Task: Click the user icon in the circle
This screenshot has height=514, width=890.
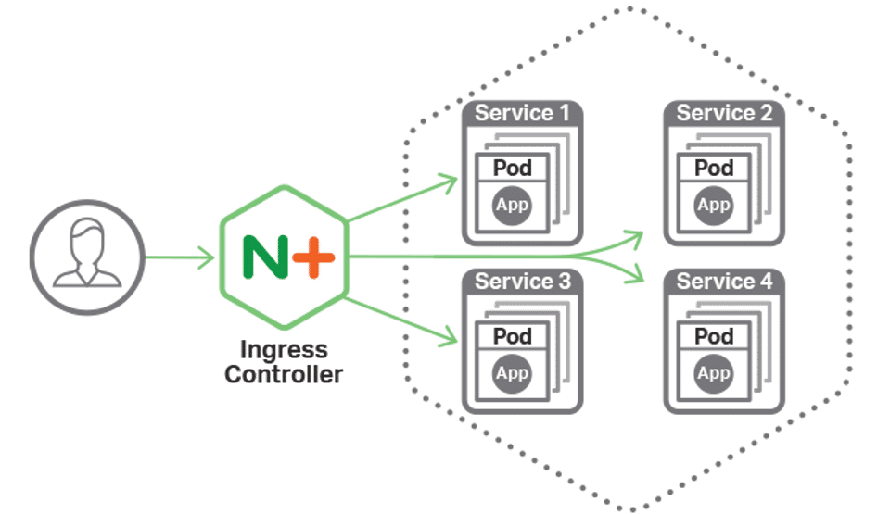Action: [87, 254]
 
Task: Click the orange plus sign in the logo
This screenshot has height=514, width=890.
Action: [314, 255]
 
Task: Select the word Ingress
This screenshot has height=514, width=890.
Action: [284, 351]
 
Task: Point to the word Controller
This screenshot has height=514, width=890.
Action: [284, 374]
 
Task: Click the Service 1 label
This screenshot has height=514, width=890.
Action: [522, 113]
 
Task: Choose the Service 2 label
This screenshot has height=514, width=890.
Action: [724, 113]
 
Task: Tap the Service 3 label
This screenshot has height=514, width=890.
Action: [522, 281]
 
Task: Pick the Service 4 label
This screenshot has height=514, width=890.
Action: [724, 281]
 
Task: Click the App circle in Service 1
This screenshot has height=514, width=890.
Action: [512, 205]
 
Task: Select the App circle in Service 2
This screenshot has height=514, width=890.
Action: [714, 205]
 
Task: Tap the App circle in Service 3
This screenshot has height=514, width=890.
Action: [512, 372]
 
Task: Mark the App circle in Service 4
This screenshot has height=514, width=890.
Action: [714, 372]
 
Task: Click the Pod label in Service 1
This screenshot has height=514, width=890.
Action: [512, 168]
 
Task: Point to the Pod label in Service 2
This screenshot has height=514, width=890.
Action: [714, 168]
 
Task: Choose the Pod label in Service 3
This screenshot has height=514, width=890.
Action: [512, 335]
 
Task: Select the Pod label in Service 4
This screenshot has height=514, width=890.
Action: [714, 335]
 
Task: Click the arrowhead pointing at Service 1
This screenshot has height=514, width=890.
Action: [449, 182]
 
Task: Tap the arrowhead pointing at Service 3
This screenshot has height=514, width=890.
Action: [449, 332]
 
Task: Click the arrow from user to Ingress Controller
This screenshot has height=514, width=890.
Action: [181, 257]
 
